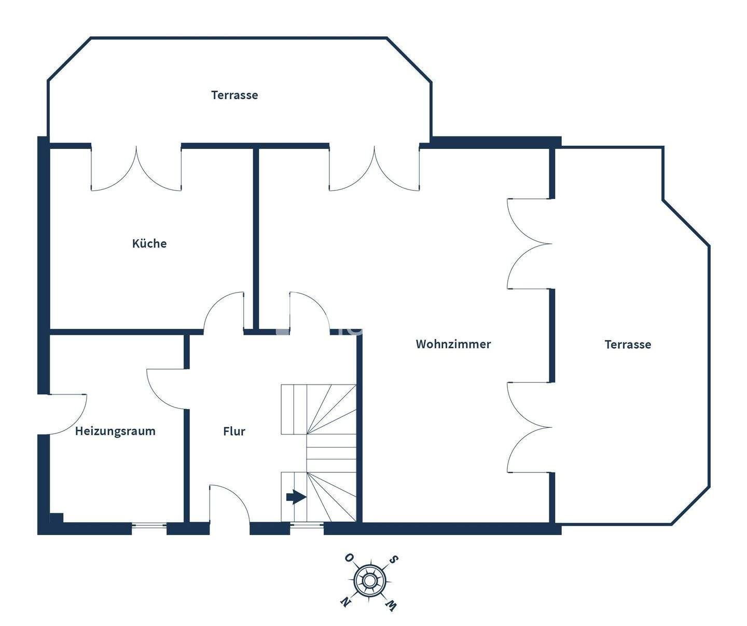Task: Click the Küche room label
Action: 149,243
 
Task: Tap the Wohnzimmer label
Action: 453,344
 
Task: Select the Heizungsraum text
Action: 115,431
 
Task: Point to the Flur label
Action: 234,431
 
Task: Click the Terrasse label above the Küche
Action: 234,95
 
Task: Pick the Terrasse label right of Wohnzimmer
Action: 628,344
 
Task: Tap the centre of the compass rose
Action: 369,580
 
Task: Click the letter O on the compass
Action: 349,558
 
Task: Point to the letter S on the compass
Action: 394,560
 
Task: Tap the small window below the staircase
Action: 307,526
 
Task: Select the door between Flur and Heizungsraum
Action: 167,388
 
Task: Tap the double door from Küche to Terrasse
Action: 136,169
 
